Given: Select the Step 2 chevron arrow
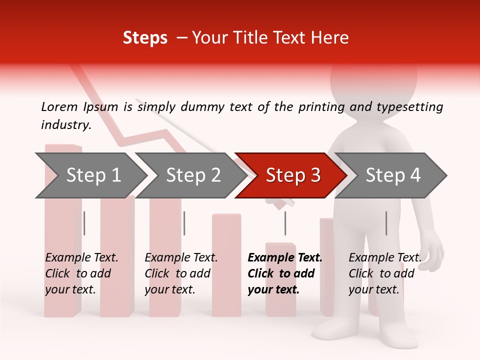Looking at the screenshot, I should [190, 175].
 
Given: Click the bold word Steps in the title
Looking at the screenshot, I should [145, 38].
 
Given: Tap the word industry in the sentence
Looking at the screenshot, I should [65, 124].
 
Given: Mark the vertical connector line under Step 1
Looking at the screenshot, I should [84, 223].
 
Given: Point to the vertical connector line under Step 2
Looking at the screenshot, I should [184, 223].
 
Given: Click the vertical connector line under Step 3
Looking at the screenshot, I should [285, 223].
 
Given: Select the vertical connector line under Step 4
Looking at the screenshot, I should [386, 223].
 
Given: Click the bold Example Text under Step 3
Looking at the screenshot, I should [285, 258].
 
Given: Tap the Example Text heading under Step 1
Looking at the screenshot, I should [81, 258].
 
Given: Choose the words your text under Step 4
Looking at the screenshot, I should [374, 289].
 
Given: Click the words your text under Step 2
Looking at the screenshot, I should [170, 289].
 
